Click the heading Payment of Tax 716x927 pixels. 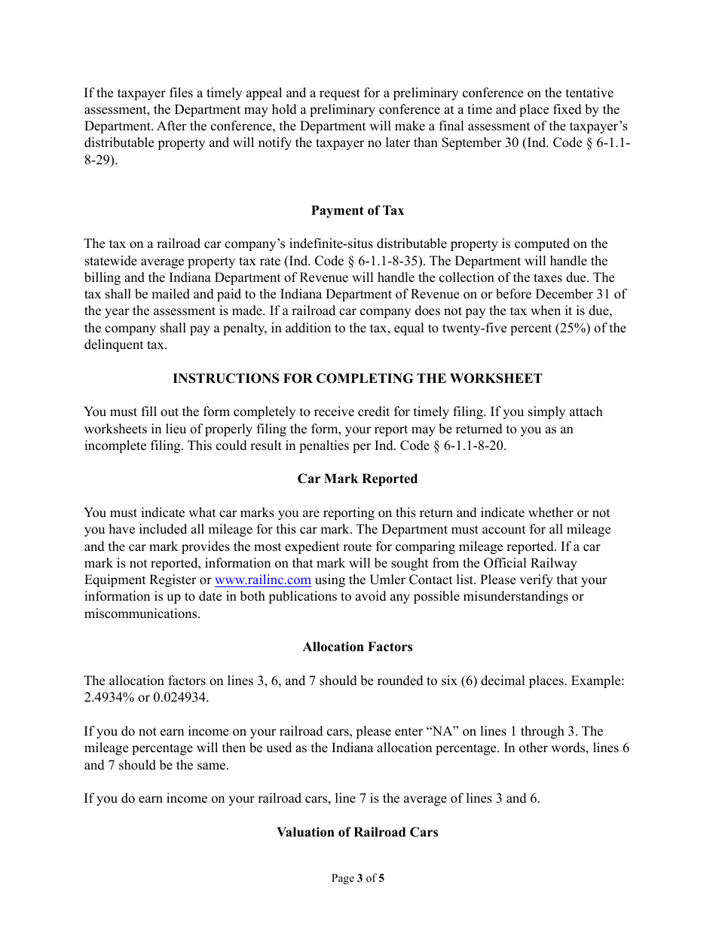(x=357, y=211)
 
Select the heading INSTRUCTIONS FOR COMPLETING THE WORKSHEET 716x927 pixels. (x=357, y=378)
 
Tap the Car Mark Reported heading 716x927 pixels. (x=357, y=479)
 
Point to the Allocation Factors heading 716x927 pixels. (x=357, y=647)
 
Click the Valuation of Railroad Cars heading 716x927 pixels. (x=357, y=833)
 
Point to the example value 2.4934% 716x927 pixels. (x=109, y=698)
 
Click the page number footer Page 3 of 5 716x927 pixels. (x=357, y=878)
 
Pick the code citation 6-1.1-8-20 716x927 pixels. (x=471, y=446)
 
